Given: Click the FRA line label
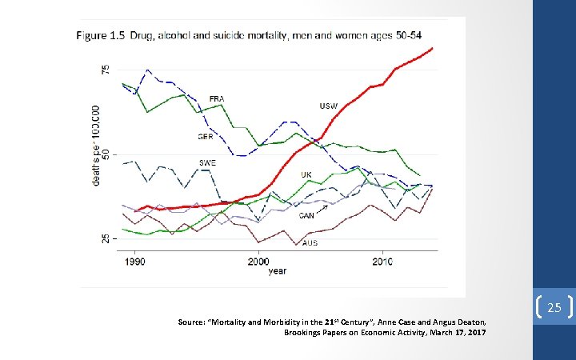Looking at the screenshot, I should pos(217,98).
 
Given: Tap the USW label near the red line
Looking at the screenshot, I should pos(328,106).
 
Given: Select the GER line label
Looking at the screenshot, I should pos(205,137).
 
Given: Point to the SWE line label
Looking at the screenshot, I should pos(206,162).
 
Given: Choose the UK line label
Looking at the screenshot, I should pos(306,174).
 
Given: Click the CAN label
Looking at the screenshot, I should pos(306,215).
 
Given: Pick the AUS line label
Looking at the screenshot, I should pos(310,242).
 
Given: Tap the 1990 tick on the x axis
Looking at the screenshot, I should pos(135,262).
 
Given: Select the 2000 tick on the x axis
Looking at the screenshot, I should pos(258,262).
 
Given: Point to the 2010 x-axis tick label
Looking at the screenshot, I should pos(382,262).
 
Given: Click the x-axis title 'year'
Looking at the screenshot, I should pos(277,271).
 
